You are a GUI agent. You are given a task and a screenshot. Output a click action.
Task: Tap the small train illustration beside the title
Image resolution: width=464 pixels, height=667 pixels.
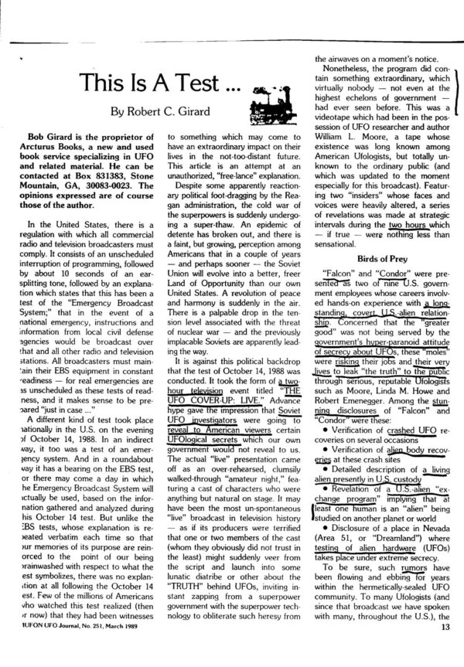click(267, 83)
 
